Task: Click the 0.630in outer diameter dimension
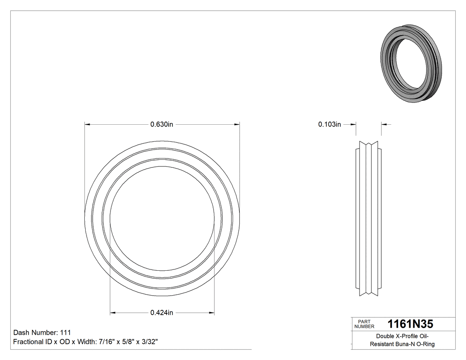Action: click(x=162, y=124)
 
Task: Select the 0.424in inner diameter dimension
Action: click(x=162, y=313)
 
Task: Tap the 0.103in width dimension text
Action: click(x=329, y=124)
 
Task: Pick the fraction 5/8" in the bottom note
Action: click(x=126, y=342)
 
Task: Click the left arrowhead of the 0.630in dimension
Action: click(x=87, y=124)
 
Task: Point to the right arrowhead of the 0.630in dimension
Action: click(x=237, y=124)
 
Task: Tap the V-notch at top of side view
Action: click(x=368, y=145)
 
